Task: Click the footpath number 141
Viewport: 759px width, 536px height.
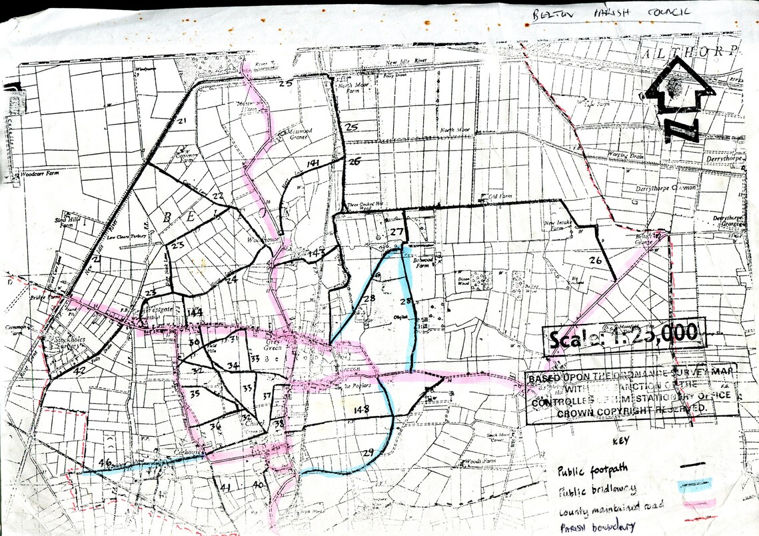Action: tap(313, 164)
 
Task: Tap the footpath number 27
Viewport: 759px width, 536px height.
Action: tap(398, 232)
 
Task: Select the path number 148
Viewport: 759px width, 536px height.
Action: tap(363, 409)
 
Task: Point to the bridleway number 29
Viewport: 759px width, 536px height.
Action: tap(368, 453)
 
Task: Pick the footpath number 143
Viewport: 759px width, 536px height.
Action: tap(316, 253)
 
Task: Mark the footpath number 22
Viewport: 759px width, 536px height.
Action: tap(218, 196)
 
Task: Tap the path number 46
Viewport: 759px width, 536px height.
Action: tap(104, 462)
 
